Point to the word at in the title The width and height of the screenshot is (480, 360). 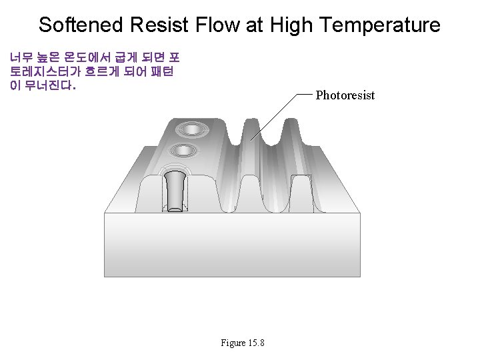click(x=256, y=25)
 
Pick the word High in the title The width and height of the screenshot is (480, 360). click(x=291, y=25)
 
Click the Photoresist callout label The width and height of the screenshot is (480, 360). click(x=345, y=95)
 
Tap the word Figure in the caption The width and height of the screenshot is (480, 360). click(x=233, y=343)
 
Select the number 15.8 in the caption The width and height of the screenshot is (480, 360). click(x=256, y=343)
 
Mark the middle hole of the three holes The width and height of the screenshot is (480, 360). click(x=183, y=151)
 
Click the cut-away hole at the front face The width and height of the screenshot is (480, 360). click(x=175, y=191)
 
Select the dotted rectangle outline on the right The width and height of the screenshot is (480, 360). click(x=301, y=193)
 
